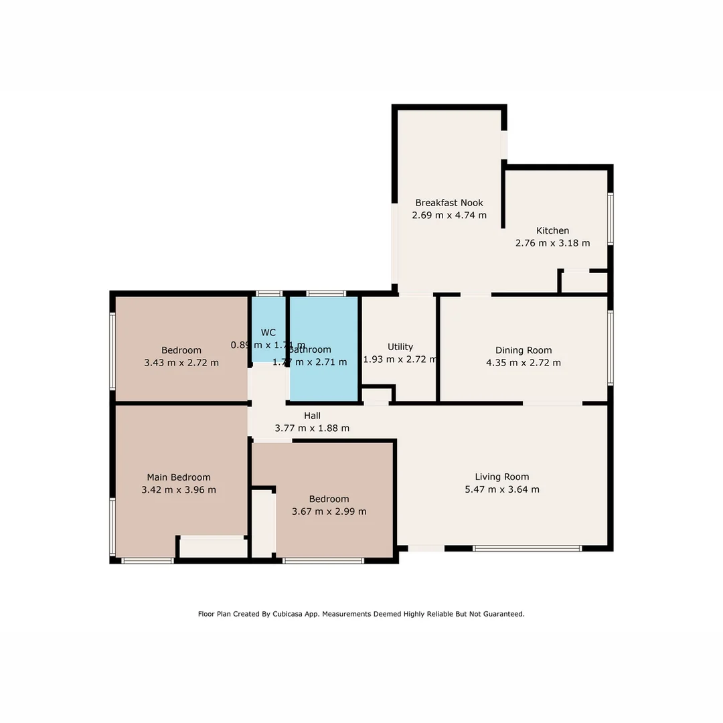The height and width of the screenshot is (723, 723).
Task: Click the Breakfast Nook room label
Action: coord(449,203)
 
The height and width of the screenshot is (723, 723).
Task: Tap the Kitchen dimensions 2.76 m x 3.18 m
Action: coord(552,243)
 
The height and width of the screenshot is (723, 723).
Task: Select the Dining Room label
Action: coord(524,350)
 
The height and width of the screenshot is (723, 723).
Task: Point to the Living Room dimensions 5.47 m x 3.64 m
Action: coord(501,489)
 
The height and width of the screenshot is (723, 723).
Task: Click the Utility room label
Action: coord(400,347)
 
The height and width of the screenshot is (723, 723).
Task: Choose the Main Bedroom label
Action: coord(179,477)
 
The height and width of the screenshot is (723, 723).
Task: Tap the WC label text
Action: coord(268,333)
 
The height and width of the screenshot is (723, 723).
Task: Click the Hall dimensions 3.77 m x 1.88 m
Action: coord(312,428)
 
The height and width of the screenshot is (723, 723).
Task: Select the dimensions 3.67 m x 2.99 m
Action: coord(329,511)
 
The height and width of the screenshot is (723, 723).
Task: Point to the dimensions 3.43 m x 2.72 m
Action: coord(181,363)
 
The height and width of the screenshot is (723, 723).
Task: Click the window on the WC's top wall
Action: coord(269,293)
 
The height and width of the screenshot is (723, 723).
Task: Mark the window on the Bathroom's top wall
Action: coord(326,293)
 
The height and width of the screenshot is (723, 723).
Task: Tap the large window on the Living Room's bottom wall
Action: coord(527,548)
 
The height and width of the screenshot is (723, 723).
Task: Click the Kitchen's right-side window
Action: coord(610,219)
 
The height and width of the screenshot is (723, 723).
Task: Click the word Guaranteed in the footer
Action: coord(502,614)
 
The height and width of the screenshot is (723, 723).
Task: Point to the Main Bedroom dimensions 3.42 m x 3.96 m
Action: coord(179,490)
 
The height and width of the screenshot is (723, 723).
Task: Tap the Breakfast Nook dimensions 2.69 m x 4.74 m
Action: coord(449,216)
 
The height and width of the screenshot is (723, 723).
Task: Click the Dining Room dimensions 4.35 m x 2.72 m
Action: coord(524,363)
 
